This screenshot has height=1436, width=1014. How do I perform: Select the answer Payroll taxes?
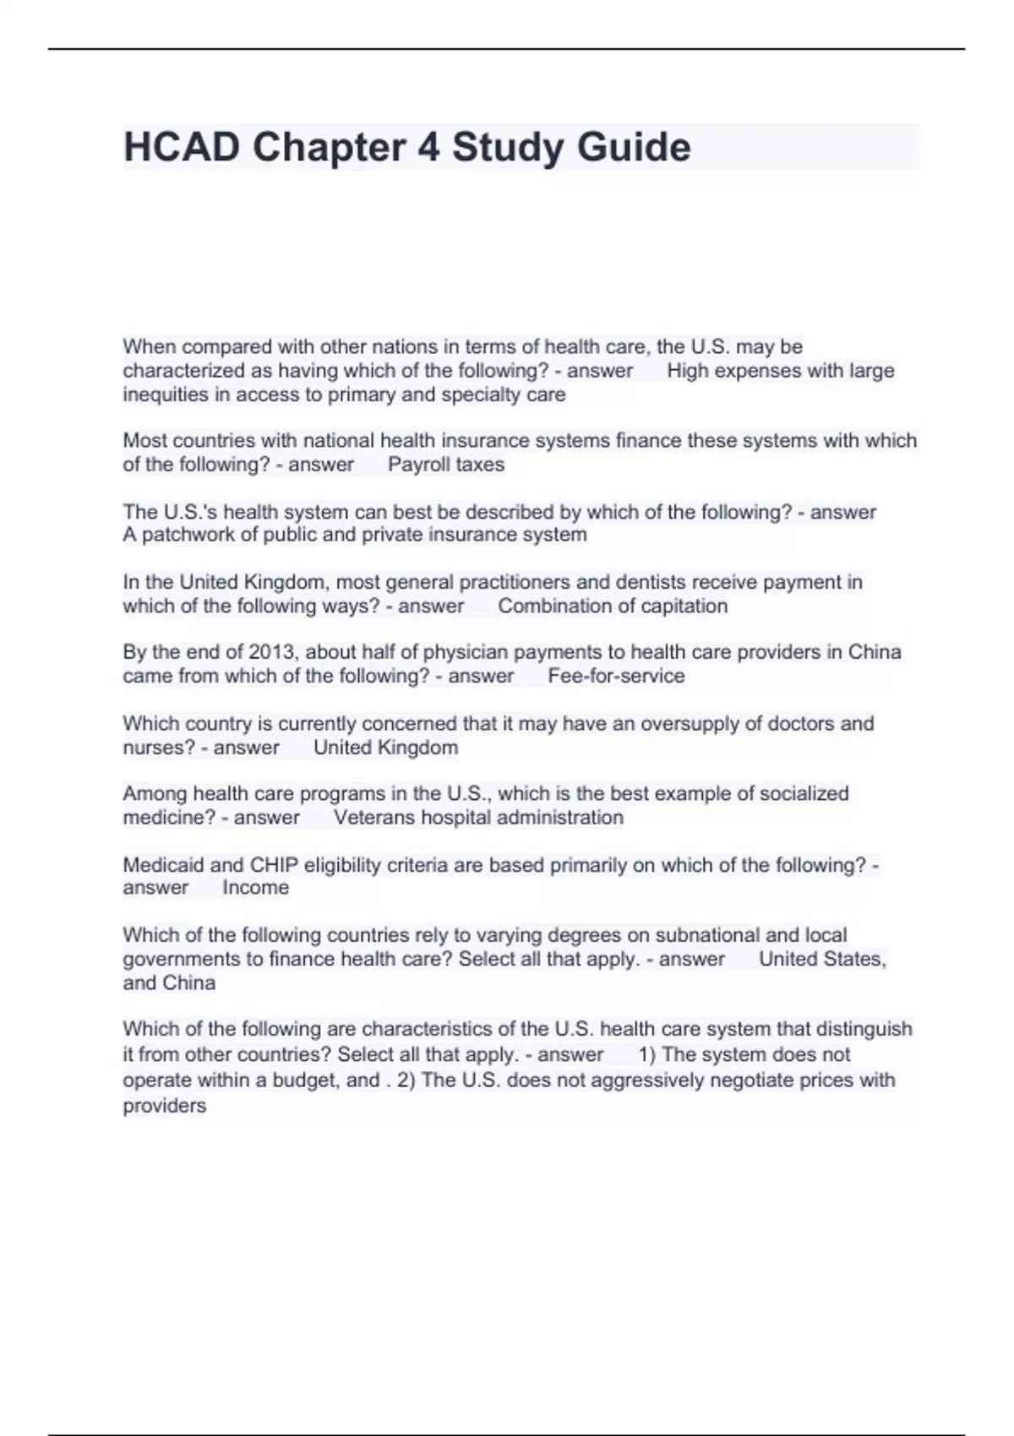[445, 465]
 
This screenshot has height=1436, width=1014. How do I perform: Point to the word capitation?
[684, 606]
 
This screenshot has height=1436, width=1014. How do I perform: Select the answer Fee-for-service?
[616, 676]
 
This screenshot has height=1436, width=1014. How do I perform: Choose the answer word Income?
[255, 888]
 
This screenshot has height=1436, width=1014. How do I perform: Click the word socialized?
[804, 793]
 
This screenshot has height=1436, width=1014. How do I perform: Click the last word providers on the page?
[164, 1106]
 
